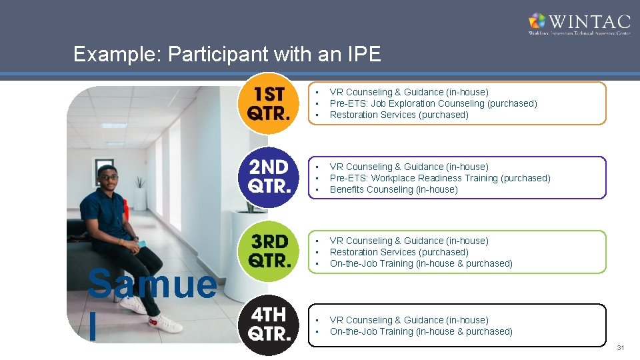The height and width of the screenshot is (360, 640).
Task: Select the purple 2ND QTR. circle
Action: coord(269,177)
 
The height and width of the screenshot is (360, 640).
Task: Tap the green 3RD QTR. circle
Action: coord(269,251)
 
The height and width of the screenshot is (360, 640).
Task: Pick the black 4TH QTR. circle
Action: coord(269,325)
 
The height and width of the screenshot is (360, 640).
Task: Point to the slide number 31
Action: coord(621,348)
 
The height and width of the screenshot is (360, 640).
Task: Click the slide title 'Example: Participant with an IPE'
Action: coord(227,54)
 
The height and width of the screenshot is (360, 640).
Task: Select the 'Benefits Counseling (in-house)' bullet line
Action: coord(393,189)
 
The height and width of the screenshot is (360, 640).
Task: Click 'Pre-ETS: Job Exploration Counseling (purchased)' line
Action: coord(433,103)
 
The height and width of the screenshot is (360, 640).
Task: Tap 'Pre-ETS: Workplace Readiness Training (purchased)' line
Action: coord(440,178)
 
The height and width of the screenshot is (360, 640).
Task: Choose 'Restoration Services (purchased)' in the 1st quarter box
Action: coord(399,115)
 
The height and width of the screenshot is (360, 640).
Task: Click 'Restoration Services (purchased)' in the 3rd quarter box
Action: coord(399,252)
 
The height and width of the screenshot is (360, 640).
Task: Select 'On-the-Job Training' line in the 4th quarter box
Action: coord(421,331)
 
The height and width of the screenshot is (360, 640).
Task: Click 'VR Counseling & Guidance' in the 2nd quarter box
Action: coord(409,167)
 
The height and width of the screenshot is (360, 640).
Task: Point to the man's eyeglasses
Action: coord(107,177)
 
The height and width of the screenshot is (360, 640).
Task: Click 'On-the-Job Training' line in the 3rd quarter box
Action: coord(421,263)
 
